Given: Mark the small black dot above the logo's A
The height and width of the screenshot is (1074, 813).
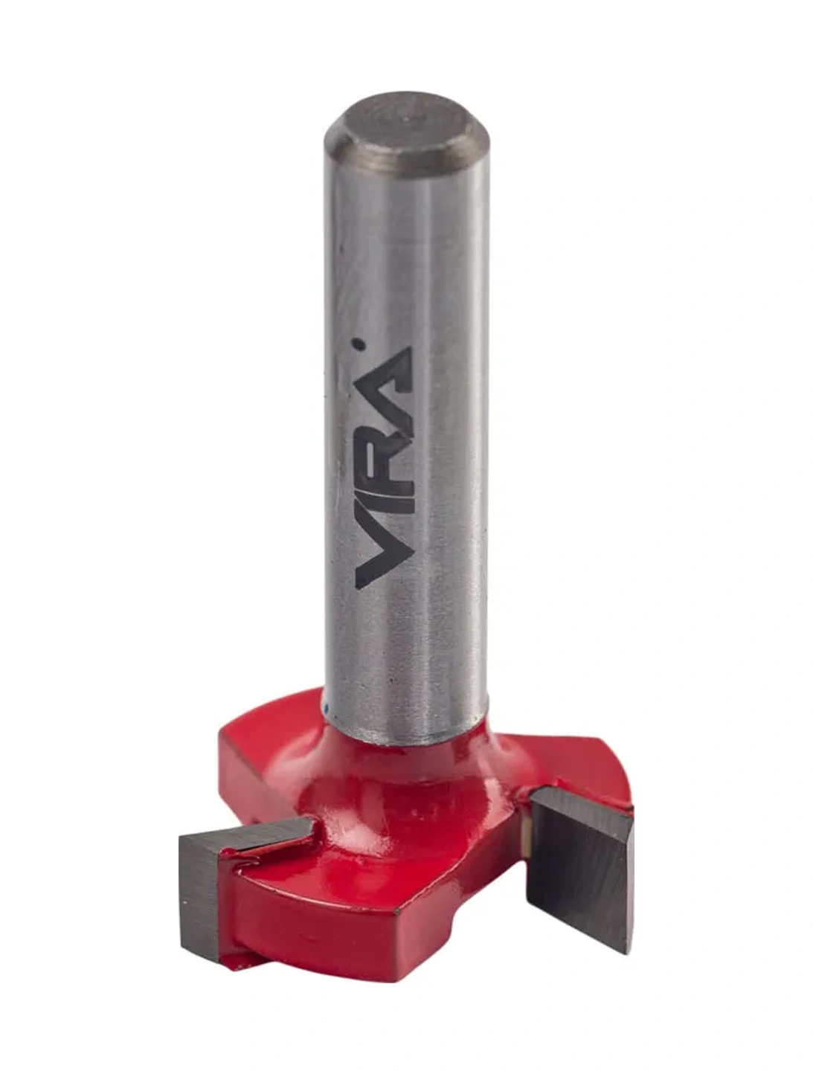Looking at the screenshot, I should click(x=360, y=344).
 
